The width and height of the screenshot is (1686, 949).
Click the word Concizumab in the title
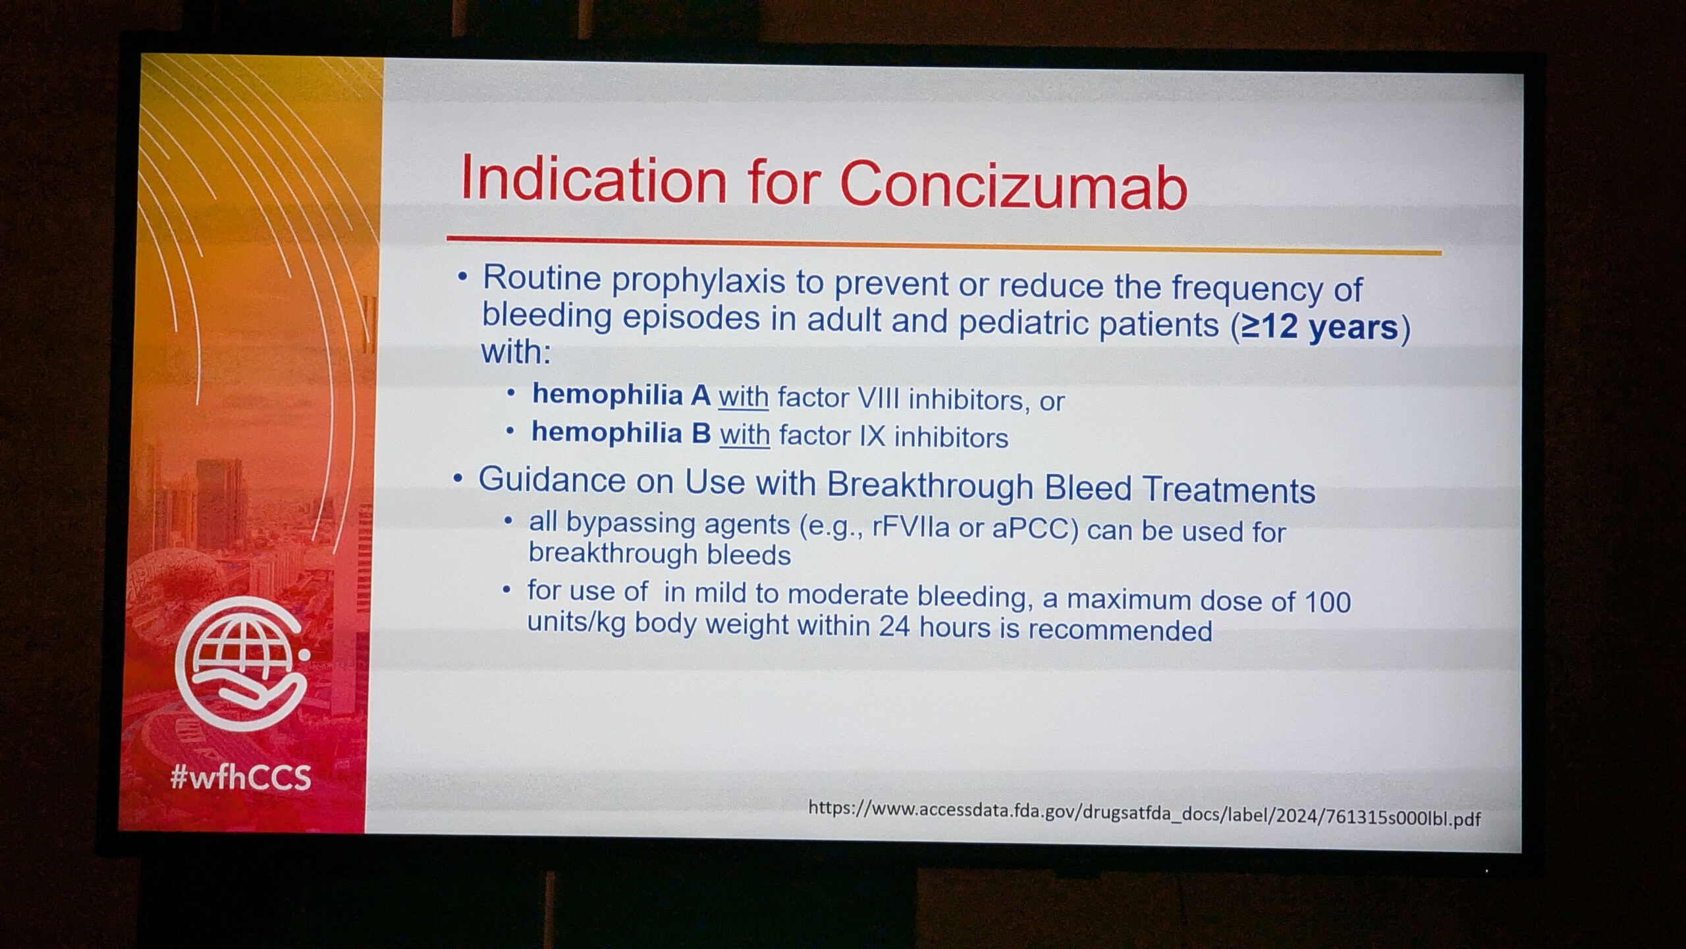1014,185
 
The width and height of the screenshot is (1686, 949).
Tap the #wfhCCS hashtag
240,778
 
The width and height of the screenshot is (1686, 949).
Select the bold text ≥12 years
1319,328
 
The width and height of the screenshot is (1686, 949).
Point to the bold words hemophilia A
621,395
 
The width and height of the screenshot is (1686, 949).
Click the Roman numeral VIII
878,398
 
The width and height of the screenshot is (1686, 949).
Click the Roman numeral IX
872,436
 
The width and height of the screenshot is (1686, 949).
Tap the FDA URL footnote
1145,813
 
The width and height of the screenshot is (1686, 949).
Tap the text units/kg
576,621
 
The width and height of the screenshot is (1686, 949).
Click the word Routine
542,277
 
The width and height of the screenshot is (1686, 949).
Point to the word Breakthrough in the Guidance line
930,485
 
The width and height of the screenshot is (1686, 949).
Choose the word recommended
1120,629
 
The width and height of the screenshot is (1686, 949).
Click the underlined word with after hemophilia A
744,397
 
